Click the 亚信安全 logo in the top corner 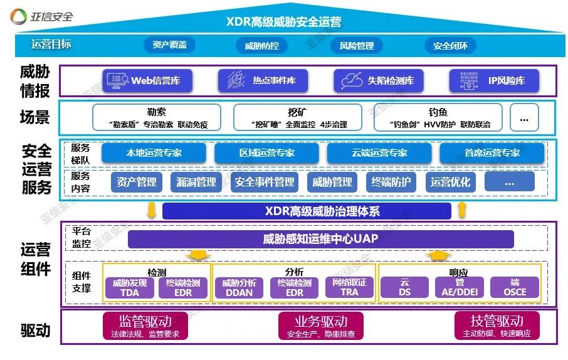click(43, 15)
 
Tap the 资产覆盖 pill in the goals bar click(169, 45)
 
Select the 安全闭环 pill click(450, 46)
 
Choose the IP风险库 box click(495, 80)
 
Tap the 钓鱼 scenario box click(437, 117)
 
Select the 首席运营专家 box click(488, 152)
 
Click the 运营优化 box click(450, 182)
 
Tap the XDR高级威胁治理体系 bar click(306, 211)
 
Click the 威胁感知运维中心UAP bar click(320, 239)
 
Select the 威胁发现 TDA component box click(129, 287)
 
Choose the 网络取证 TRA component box click(349, 287)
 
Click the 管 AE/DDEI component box click(460, 287)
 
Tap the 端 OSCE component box click(515, 287)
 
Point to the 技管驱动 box click(496, 326)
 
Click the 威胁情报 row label click(34, 81)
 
